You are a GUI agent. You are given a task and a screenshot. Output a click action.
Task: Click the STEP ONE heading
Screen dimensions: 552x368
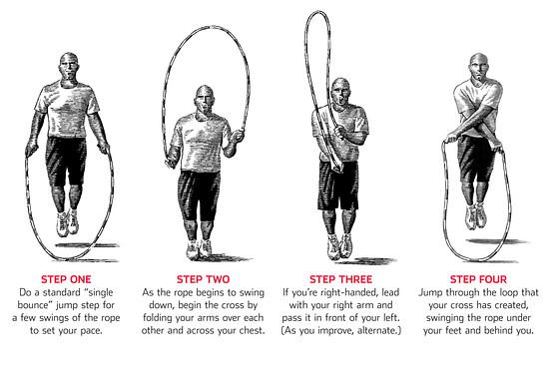tap(66, 279)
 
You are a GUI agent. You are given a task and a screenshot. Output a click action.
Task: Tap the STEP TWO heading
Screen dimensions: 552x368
tap(203, 279)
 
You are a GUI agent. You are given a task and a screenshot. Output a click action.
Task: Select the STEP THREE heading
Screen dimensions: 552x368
tap(340, 279)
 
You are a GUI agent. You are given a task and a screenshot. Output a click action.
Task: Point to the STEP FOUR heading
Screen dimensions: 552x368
tap(478, 279)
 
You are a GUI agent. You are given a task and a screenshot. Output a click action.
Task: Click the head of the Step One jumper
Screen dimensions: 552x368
tap(69, 67)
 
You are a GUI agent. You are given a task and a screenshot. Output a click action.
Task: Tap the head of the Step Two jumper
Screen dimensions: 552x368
tap(205, 100)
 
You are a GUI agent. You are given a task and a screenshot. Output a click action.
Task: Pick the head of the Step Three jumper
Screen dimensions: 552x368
tap(340, 92)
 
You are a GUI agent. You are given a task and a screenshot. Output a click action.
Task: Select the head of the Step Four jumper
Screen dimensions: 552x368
tap(479, 67)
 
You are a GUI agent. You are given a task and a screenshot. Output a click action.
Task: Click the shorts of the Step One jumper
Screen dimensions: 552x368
tap(66, 161)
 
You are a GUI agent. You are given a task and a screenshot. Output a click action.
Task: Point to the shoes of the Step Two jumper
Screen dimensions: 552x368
tap(200, 248)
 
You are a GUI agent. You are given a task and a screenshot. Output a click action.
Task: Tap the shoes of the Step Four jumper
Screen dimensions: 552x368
tap(476, 216)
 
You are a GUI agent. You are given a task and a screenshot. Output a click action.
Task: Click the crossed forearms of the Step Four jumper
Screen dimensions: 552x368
tap(474, 129)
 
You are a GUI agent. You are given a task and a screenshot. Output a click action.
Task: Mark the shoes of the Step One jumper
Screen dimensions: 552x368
tap(67, 223)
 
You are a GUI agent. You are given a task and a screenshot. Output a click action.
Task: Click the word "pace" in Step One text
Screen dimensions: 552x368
tap(91, 331)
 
